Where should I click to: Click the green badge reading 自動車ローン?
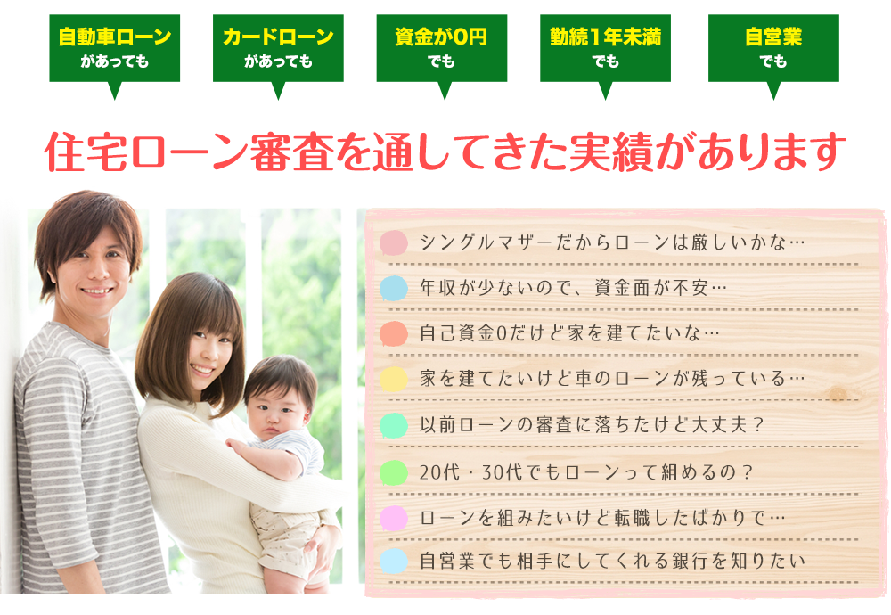115,49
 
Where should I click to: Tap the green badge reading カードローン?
278,49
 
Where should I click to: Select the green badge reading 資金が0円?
442,49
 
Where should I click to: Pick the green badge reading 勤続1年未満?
605,49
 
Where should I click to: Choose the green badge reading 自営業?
773,49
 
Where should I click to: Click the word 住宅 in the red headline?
86,152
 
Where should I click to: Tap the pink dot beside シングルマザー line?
394,242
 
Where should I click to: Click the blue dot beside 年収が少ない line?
394,288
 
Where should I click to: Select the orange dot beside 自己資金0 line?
394,333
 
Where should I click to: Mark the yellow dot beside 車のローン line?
394,379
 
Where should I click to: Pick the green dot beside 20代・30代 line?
394,472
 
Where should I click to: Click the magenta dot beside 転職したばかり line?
394,518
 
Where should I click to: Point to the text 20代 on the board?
439,472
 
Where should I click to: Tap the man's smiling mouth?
97,291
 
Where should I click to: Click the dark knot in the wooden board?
838,393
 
